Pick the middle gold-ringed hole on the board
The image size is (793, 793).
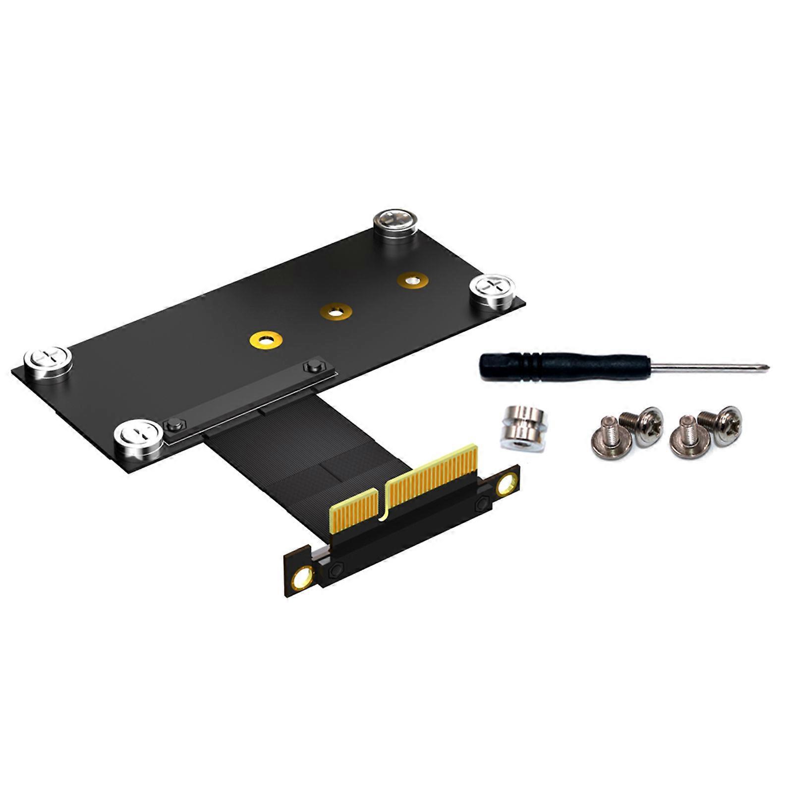pos(336,312)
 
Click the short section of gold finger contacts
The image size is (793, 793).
pos(355,510)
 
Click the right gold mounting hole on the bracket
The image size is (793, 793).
pos(507,484)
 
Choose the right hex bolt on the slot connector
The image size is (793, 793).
pos(312,367)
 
